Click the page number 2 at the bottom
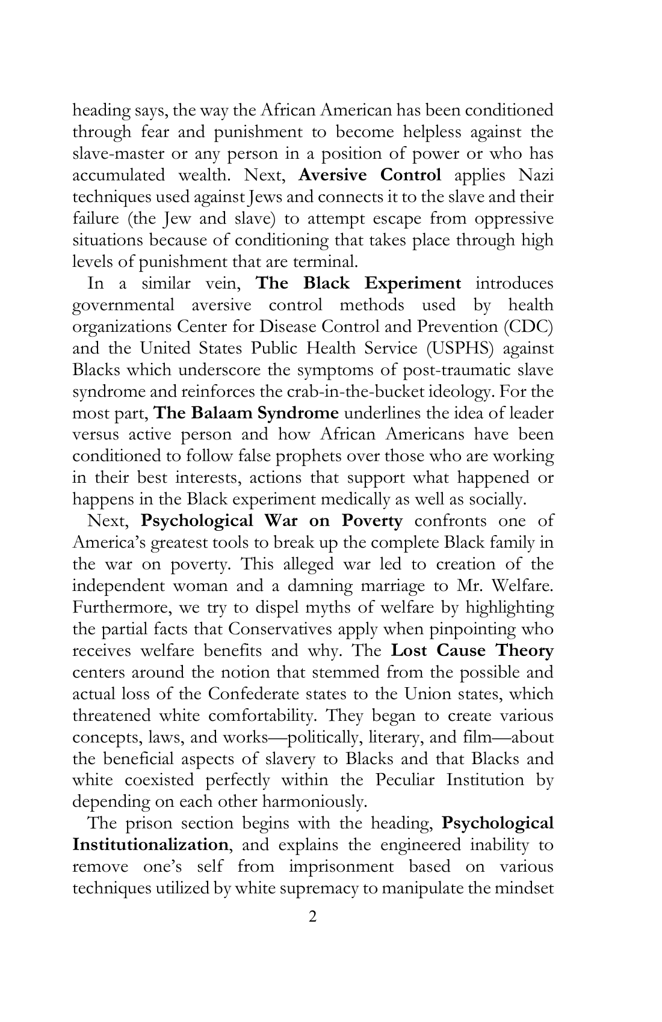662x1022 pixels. click(312, 916)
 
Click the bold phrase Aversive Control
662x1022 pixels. click(370, 175)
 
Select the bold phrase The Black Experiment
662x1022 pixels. click(359, 283)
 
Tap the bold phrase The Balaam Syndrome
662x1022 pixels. click(247, 413)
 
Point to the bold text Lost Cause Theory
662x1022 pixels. click(472, 651)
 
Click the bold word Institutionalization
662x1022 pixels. click(150, 845)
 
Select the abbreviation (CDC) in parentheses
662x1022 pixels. click(528, 326)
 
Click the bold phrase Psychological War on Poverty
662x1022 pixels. click(271, 521)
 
